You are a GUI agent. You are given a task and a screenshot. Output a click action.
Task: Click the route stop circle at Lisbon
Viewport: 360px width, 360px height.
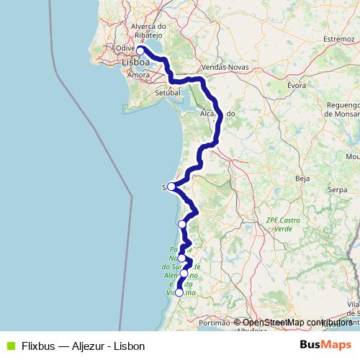click(x=141, y=51)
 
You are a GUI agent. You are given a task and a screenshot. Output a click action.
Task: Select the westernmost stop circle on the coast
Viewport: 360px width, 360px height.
click(x=171, y=186)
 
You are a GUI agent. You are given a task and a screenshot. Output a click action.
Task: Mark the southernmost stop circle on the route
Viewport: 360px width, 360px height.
click(x=179, y=292)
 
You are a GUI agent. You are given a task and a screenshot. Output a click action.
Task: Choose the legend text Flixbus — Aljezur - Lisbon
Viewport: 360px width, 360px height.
click(x=83, y=346)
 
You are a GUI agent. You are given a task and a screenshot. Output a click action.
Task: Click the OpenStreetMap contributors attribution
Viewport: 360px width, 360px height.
click(x=297, y=323)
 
